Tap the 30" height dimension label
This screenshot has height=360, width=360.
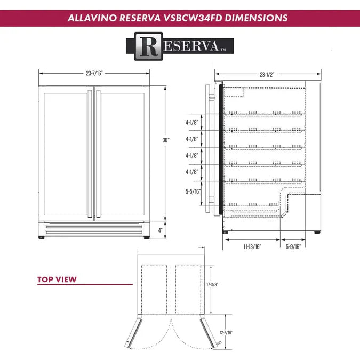tap(166, 140)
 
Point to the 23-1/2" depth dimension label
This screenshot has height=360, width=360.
tap(267, 75)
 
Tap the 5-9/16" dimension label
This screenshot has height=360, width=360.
tap(293, 247)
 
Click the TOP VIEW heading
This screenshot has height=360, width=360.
tap(57, 279)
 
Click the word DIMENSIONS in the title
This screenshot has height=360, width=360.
tap(257, 18)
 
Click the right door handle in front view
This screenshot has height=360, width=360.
tap(98, 155)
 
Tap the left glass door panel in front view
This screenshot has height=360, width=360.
tap(67, 155)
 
